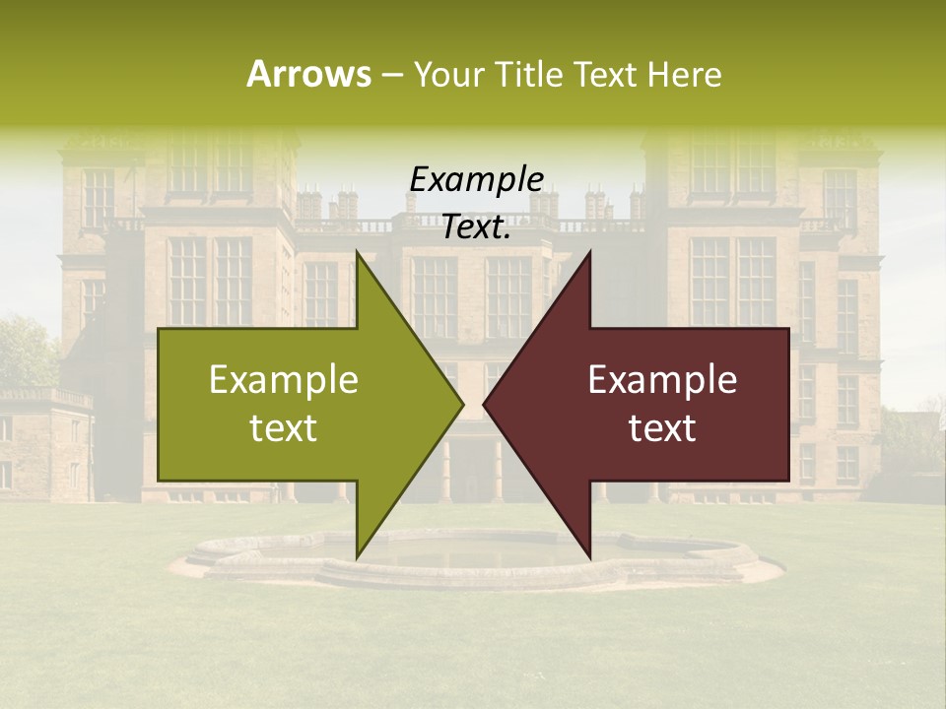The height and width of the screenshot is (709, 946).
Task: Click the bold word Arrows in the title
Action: click(x=308, y=74)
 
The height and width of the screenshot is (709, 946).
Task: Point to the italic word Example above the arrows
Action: click(x=476, y=180)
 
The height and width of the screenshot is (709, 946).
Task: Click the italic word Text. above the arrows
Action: click(x=476, y=227)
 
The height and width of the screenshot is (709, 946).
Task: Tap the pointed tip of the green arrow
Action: click(x=462, y=404)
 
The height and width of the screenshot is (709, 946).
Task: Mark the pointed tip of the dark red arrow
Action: click(x=484, y=404)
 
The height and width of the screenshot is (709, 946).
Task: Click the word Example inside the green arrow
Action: click(x=284, y=380)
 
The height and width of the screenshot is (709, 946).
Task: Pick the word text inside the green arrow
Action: click(x=284, y=427)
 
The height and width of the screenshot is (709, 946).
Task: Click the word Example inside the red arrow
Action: click(x=662, y=380)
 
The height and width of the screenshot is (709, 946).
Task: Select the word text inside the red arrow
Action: click(x=662, y=427)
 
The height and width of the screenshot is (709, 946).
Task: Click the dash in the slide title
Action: click(x=391, y=75)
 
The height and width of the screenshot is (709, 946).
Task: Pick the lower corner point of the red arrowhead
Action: click(x=590, y=556)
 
